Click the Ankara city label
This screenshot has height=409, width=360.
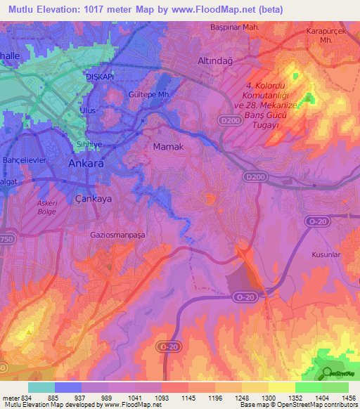[86, 163]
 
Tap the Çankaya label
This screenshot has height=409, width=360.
[94, 199]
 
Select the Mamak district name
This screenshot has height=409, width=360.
[168, 147]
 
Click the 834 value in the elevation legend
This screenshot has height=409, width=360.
[31, 397]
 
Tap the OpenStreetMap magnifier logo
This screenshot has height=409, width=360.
[326, 372]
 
